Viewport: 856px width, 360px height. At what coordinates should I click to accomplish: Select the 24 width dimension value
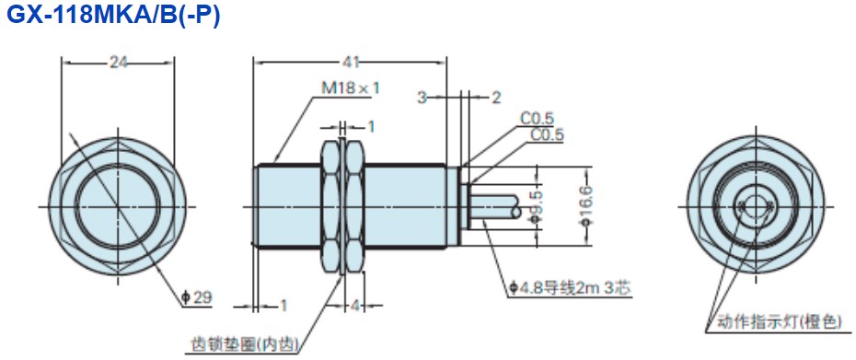click(x=118, y=64)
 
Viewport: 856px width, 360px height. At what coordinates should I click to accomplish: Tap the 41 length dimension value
click(x=351, y=63)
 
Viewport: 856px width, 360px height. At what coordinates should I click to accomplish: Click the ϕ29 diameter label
click(x=197, y=297)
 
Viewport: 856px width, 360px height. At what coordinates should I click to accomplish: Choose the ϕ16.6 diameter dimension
click(x=587, y=205)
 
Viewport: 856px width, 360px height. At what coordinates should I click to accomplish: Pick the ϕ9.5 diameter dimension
click(x=538, y=207)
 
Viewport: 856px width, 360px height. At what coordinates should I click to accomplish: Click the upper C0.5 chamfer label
click(x=537, y=118)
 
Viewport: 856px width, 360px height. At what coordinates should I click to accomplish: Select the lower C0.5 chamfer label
click(x=548, y=135)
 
